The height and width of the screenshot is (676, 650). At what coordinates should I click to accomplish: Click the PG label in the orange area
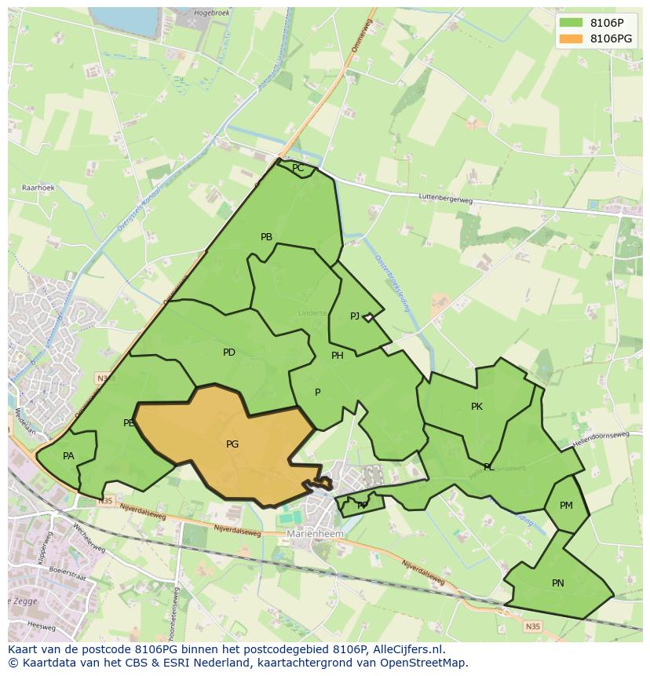coord(232,444)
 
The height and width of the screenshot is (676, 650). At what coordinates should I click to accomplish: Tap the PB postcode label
coord(266,237)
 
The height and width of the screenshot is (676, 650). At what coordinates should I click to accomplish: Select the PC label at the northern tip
coord(298,168)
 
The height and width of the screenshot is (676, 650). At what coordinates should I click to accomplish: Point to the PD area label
coord(228,353)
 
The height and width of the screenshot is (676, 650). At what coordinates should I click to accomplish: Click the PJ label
coord(355,316)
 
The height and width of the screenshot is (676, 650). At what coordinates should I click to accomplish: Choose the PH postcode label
coord(337,356)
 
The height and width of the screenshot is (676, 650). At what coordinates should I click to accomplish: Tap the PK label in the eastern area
coord(477,407)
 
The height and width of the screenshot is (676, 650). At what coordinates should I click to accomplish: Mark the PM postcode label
coord(566,506)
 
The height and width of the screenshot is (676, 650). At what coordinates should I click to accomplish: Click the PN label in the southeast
coord(557,583)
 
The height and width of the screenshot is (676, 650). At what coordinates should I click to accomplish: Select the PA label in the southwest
coord(68,456)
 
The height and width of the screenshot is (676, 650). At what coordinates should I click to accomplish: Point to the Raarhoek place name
coord(38,188)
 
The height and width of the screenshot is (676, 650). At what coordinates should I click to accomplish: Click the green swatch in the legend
coord(571,23)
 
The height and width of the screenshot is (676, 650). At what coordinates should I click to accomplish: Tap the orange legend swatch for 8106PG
coord(571,38)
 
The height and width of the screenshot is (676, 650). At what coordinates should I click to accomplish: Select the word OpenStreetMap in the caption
coord(423,663)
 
